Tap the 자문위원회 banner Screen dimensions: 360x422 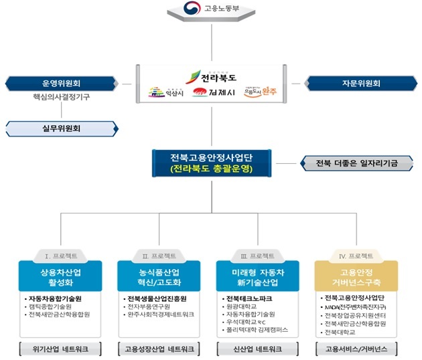pos(360,84)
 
